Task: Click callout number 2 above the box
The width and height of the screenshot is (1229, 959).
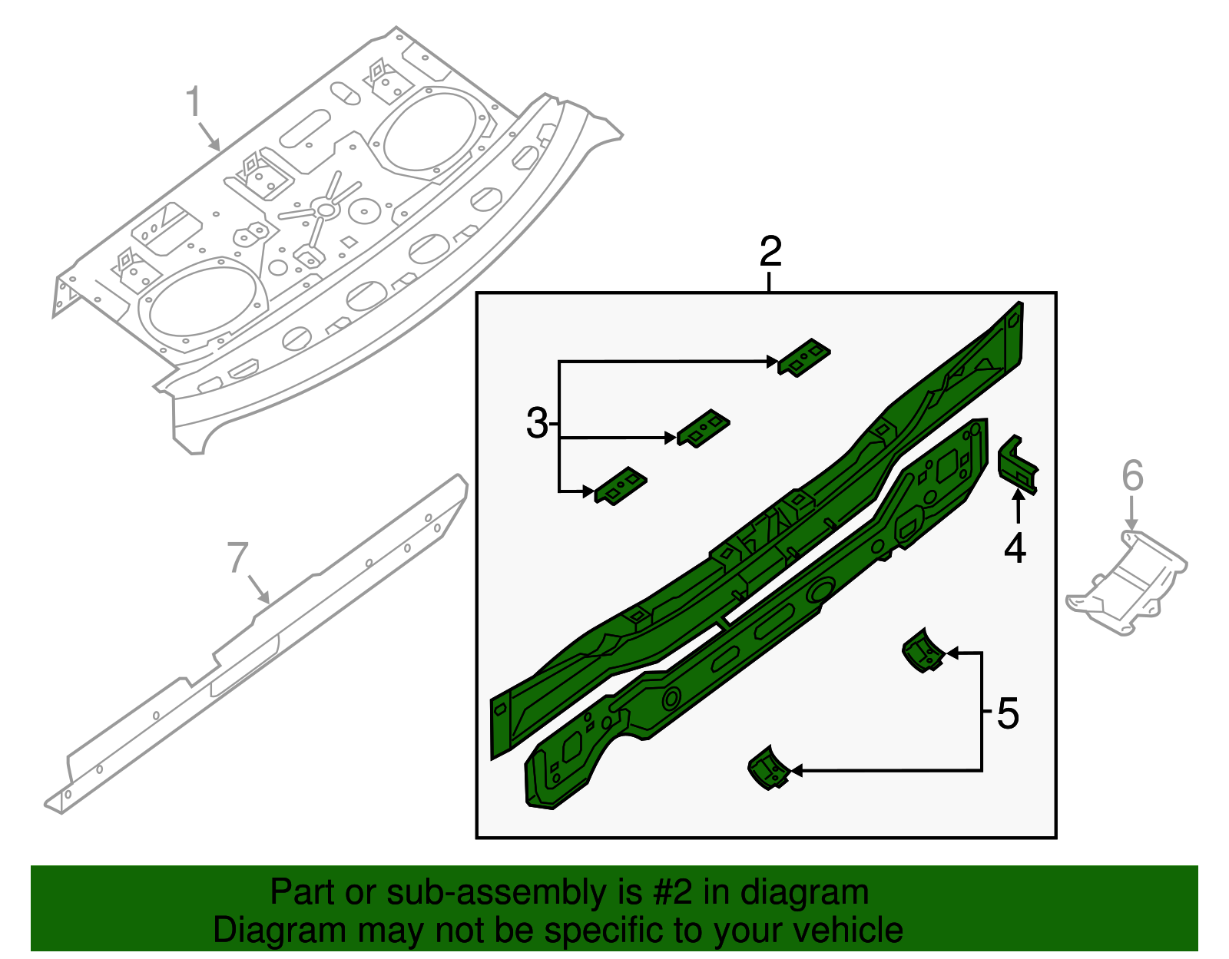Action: click(770, 251)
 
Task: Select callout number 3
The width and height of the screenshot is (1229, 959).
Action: click(537, 423)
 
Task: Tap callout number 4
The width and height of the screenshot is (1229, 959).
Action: click(1015, 548)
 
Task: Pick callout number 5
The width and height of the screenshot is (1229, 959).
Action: click(1008, 713)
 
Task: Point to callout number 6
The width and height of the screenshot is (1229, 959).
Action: click(1132, 475)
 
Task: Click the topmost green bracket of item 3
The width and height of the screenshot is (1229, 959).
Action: click(804, 357)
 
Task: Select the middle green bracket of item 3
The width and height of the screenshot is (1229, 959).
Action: click(703, 429)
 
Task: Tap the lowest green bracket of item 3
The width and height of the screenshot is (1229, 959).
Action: click(621, 486)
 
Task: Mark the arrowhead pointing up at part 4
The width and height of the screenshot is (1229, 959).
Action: click(1018, 497)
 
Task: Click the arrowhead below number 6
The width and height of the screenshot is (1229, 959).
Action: click(1131, 524)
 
